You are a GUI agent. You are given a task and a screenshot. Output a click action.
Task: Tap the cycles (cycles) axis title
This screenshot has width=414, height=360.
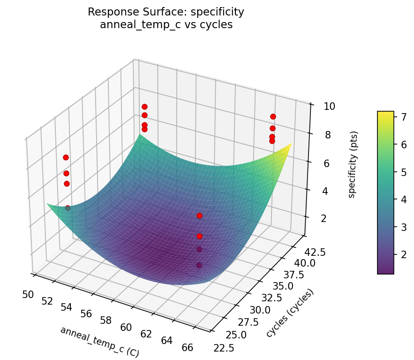(x=289, y=313)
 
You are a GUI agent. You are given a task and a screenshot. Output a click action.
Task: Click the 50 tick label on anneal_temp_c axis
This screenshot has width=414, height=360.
(x=28, y=294)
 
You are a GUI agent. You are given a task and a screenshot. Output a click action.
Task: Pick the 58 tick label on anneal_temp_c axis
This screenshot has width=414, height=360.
(x=106, y=321)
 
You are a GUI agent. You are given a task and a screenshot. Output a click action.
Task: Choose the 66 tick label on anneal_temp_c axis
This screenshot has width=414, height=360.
(x=188, y=348)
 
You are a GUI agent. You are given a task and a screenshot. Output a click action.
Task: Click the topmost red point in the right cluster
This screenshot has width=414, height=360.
(x=273, y=116)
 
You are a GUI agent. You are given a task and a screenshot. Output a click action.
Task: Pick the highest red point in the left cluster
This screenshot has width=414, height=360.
(x=66, y=157)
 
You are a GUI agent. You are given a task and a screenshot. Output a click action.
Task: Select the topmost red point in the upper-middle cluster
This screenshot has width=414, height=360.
(x=144, y=107)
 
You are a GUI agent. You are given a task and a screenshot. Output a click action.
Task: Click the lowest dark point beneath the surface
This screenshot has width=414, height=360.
(x=199, y=265)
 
